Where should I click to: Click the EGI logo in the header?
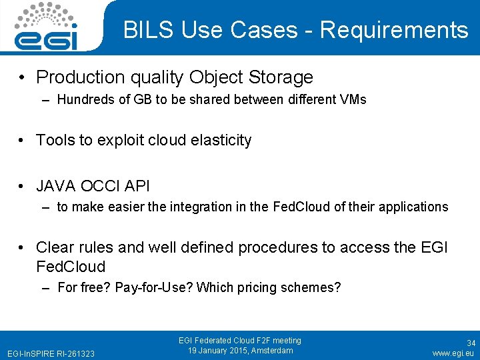(46, 27)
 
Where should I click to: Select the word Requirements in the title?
(394, 30)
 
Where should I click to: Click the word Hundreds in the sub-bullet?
(84, 100)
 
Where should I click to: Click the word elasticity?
(220, 140)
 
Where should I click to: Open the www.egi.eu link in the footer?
(453, 353)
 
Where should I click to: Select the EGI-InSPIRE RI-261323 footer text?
(50, 353)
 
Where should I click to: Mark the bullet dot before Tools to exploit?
(23, 141)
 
